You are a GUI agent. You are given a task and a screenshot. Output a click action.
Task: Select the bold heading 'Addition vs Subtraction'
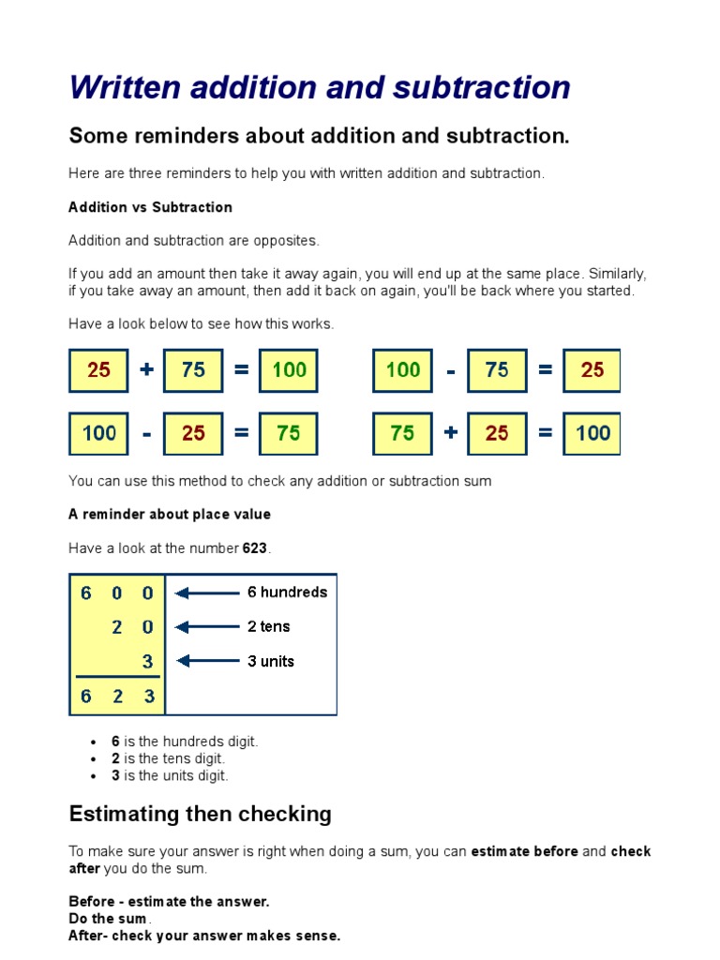(150, 207)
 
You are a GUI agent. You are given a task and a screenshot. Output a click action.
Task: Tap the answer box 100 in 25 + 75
(289, 370)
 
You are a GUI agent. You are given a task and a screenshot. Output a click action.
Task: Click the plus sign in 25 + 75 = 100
(146, 370)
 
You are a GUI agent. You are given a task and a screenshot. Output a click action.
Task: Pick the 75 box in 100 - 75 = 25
(497, 370)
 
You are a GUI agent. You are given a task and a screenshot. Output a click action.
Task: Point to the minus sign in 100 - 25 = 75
(146, 433)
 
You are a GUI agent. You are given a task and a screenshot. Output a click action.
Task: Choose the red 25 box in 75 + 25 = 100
(497, 433)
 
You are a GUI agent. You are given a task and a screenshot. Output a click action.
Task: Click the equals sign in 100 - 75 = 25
(545, 370)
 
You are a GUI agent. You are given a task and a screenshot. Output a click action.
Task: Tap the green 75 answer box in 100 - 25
(289, 433)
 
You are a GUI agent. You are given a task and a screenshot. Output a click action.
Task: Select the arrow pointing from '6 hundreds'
(207, 592)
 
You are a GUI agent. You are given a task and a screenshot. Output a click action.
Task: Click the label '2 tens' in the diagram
(268, 626)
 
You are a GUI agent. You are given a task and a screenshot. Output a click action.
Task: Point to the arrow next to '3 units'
(207, 661)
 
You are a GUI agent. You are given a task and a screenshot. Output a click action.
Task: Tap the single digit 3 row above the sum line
(147, 661)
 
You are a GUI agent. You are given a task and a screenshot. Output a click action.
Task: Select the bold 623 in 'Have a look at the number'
(255, 548)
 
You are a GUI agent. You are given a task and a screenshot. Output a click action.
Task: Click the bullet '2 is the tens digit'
(169, 758)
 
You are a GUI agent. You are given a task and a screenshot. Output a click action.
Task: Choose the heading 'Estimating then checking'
(200, 814)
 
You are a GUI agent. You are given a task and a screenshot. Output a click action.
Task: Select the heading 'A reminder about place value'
(169, 515)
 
